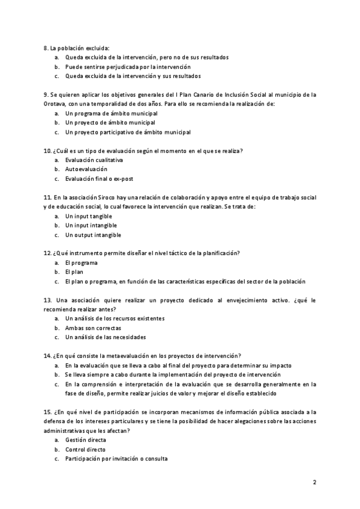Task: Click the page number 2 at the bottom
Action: coord(314,481)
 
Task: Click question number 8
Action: coord(46,47)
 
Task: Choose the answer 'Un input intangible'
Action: coord(91,225)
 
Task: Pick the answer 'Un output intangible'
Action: coord(93,235)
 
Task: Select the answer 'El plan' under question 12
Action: coord(74,272)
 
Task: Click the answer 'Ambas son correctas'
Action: coord(93,328)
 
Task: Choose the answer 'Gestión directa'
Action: coord(86,440)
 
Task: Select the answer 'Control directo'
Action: coord(85,449)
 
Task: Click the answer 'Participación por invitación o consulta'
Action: coord(116,459)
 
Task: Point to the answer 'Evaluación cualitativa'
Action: coord(94,160)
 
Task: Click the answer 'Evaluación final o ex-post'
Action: coord(98,179)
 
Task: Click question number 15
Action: coord(48,412)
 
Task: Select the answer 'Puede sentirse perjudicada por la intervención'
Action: coord(128,67)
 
